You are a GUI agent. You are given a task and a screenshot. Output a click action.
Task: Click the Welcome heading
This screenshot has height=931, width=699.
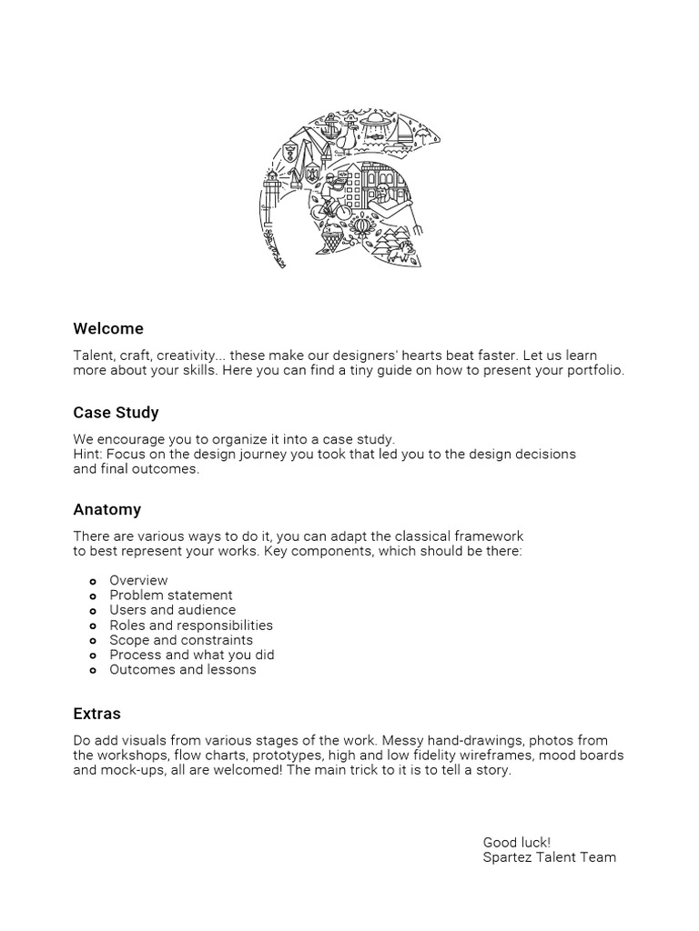pos(108,328)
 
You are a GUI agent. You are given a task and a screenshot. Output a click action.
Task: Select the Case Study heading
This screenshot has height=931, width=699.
pos(116,413)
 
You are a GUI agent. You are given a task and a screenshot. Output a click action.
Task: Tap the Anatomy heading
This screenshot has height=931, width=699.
pos(106,509)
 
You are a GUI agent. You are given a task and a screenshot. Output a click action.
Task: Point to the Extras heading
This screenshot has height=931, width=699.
pos(96,714)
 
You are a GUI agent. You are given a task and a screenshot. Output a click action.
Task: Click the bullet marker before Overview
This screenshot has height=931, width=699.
pos(93,581)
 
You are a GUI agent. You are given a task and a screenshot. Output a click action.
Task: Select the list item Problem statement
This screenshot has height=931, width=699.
pos(171,596)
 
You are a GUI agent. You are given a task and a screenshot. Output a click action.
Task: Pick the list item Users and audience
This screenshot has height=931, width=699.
pos(172,610)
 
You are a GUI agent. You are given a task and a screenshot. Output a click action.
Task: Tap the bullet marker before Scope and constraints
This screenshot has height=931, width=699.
pos(93,641)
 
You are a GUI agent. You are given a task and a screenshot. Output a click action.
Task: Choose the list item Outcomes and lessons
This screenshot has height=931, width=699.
pos(183,670)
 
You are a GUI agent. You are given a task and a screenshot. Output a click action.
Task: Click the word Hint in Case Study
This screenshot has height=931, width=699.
pos(87,454)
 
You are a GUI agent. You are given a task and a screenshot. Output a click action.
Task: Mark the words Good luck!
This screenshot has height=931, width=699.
pos(516,842)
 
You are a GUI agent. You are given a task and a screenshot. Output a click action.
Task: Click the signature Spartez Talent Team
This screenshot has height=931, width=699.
pos(549,857)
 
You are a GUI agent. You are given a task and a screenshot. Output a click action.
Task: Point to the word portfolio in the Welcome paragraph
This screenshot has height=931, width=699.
pos(596,371)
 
